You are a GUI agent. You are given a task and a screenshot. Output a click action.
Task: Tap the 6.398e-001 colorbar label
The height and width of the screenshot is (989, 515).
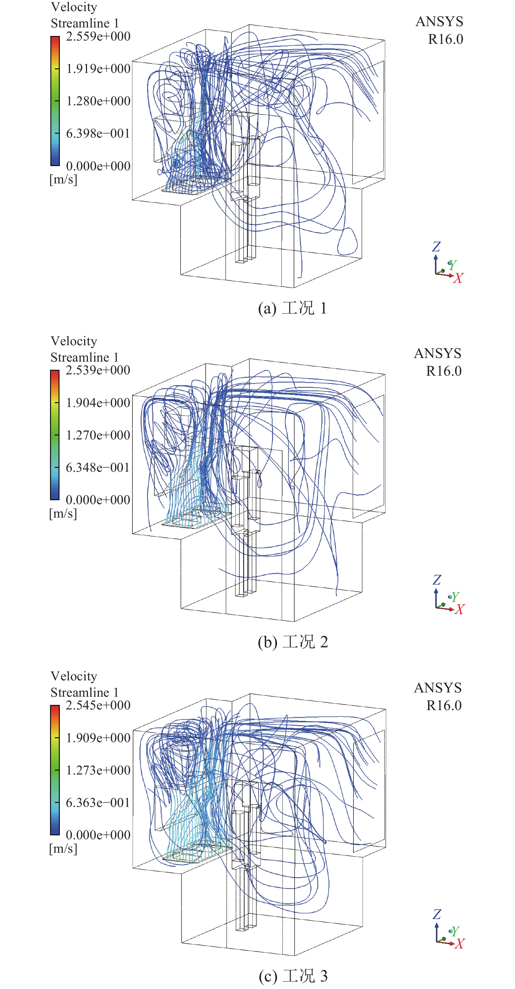[x=98, y=134]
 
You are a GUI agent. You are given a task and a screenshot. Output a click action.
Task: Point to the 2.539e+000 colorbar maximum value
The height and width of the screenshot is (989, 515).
[x=98, y=370]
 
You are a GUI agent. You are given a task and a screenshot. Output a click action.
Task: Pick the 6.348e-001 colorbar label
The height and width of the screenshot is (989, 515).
[x=97, y=468]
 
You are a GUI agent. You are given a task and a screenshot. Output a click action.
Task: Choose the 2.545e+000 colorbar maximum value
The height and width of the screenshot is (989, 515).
[x=98, y=705]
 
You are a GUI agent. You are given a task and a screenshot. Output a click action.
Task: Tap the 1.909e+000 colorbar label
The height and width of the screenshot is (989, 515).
[x=98, y=738]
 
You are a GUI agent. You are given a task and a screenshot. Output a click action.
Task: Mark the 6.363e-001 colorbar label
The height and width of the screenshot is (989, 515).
[x=97, y=803]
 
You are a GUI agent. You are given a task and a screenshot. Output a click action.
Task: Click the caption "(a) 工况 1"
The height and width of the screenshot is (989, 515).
[x=292, y=308]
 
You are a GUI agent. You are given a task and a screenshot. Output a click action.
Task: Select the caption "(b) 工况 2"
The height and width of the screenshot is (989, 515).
[x=293, y=642]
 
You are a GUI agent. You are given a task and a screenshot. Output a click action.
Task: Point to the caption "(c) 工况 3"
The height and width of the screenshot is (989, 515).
[x=293, y=976]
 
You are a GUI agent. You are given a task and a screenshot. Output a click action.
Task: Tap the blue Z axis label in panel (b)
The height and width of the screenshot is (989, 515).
[x=437, y=580]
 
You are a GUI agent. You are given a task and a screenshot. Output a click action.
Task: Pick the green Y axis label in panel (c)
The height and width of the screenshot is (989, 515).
[x=455, y=931]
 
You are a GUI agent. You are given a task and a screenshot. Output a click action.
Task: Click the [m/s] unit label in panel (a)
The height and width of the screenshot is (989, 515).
[x=63, y=179]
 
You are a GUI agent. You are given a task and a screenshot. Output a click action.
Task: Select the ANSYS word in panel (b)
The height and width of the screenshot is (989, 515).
[x=438, y=353]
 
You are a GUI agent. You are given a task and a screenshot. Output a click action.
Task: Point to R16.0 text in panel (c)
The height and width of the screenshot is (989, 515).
[x=444, y=705]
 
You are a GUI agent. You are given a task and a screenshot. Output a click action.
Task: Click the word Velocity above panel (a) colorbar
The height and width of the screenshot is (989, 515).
[x=74, y=7]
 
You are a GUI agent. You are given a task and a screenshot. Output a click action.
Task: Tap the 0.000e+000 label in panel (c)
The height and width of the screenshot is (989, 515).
[x=98, y=835]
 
